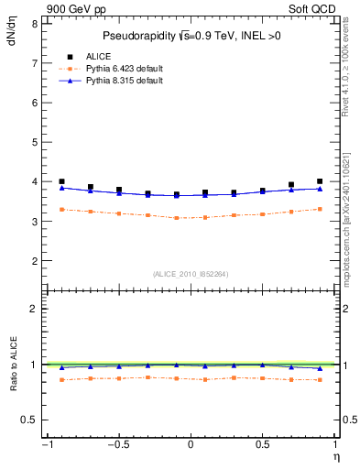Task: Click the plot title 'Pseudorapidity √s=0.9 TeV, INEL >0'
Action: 191,36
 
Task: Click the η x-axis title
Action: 335,456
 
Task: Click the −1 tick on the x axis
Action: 46,444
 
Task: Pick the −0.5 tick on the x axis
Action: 118,444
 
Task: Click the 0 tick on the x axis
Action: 191,444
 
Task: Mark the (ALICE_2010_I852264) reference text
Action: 191,274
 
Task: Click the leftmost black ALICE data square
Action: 61,181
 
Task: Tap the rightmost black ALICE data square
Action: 320,181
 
